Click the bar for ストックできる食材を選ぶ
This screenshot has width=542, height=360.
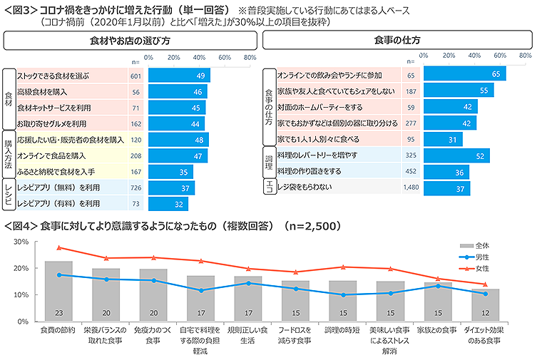pos(179,76)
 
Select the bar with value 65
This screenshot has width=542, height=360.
pos(464,73)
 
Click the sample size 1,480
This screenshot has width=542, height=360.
pos(410,187)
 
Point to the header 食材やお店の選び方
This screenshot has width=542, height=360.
pos(129,41)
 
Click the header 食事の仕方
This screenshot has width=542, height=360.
pos(397,41)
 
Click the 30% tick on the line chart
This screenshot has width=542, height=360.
pos(21,242)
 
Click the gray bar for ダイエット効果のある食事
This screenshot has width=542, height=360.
pos(485,304)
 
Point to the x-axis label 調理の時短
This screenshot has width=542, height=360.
pos(343,331)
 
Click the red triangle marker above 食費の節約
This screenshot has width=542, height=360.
pos(59,247)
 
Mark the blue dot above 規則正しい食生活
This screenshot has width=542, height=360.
pos(249,283)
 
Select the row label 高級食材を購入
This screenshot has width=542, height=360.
pos(43,92)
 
